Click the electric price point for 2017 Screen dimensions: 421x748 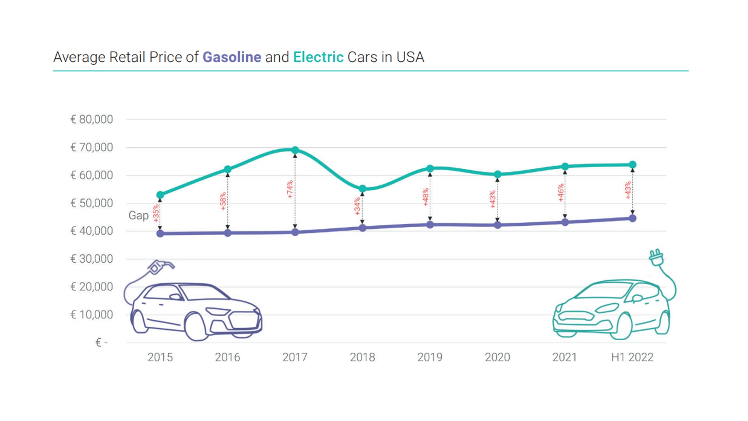[295, 150]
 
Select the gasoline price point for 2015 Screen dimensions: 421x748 [160, 233]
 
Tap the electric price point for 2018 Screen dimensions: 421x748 [362, 189]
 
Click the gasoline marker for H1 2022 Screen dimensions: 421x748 [632, 218]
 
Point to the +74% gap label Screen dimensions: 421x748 [290, 189]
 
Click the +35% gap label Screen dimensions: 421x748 [156, 213]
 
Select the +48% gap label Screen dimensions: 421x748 [425, 197]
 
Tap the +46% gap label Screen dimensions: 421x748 [560, 193]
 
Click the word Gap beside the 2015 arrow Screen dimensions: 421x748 [138, 215]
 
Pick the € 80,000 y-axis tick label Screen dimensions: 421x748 [92, 119]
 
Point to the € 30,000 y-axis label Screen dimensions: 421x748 [92, 259]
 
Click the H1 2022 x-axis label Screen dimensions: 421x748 [632, 357]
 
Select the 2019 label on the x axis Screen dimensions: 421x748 [430, 357]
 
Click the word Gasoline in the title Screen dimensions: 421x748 [232, 57]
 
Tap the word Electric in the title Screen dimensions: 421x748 [318, 57]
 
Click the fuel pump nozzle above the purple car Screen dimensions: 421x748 [160, 267]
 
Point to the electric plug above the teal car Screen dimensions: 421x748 [656, 258]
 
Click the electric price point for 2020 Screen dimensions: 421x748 [497, 174]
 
